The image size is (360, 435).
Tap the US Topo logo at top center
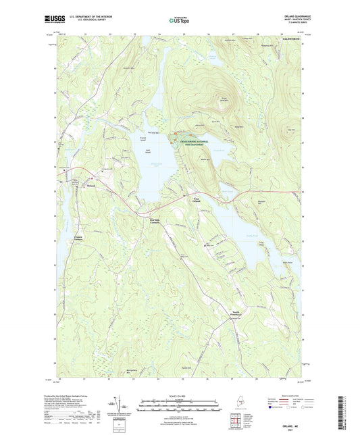178,21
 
